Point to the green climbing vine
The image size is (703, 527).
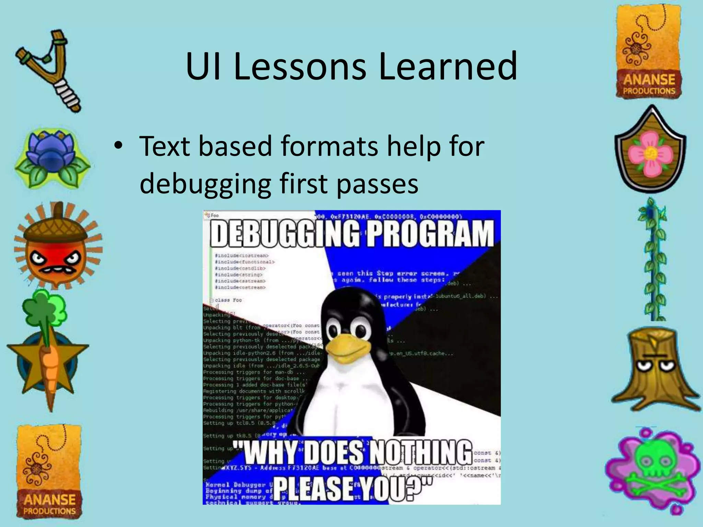click(654, 261)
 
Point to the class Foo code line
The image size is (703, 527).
click(228, 300)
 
